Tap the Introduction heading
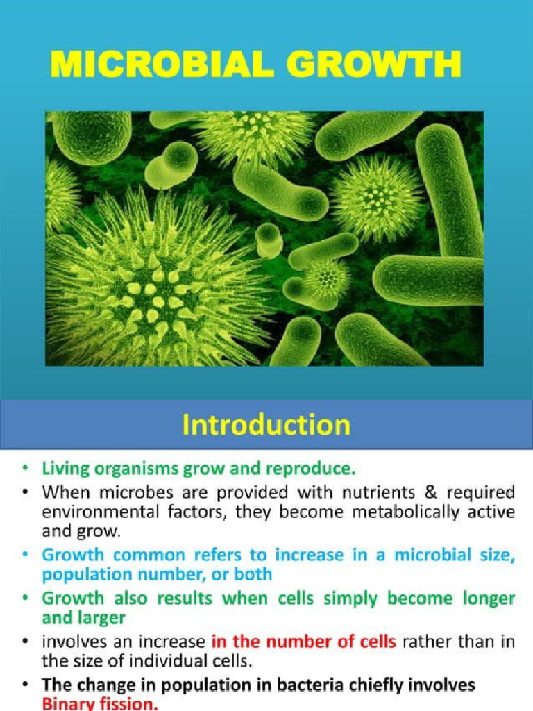(x=266, y=424)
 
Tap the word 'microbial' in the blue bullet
(x=425, y=555)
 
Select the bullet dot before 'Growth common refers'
(x=25, y=556)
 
